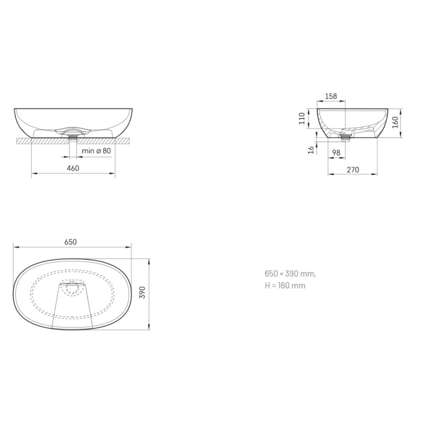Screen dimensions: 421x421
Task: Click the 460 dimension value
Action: tap(73, 168)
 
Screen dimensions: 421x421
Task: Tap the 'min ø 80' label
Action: tap(96, 151)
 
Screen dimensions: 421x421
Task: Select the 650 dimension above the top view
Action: tap(71, 242)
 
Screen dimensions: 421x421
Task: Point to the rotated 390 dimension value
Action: tap(142, 293)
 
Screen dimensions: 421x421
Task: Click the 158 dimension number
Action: tap(331, 96)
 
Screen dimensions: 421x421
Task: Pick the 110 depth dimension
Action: tap(302, 118)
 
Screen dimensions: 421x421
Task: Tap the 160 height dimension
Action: tap(395, 123)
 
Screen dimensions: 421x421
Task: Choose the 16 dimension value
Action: tap(311, 150)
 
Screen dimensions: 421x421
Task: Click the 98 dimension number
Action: tap(336, 153)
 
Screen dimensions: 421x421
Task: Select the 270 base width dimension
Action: tap(353, 169)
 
